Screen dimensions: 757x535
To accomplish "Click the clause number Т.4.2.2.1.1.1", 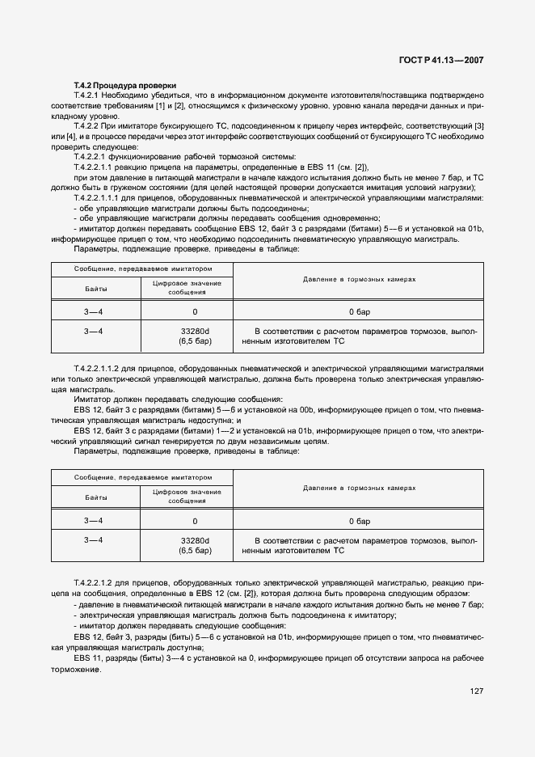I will pos(99,197).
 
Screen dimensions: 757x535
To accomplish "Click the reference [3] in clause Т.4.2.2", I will pos(479,127).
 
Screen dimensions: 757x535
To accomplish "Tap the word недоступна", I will pos(208,420).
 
